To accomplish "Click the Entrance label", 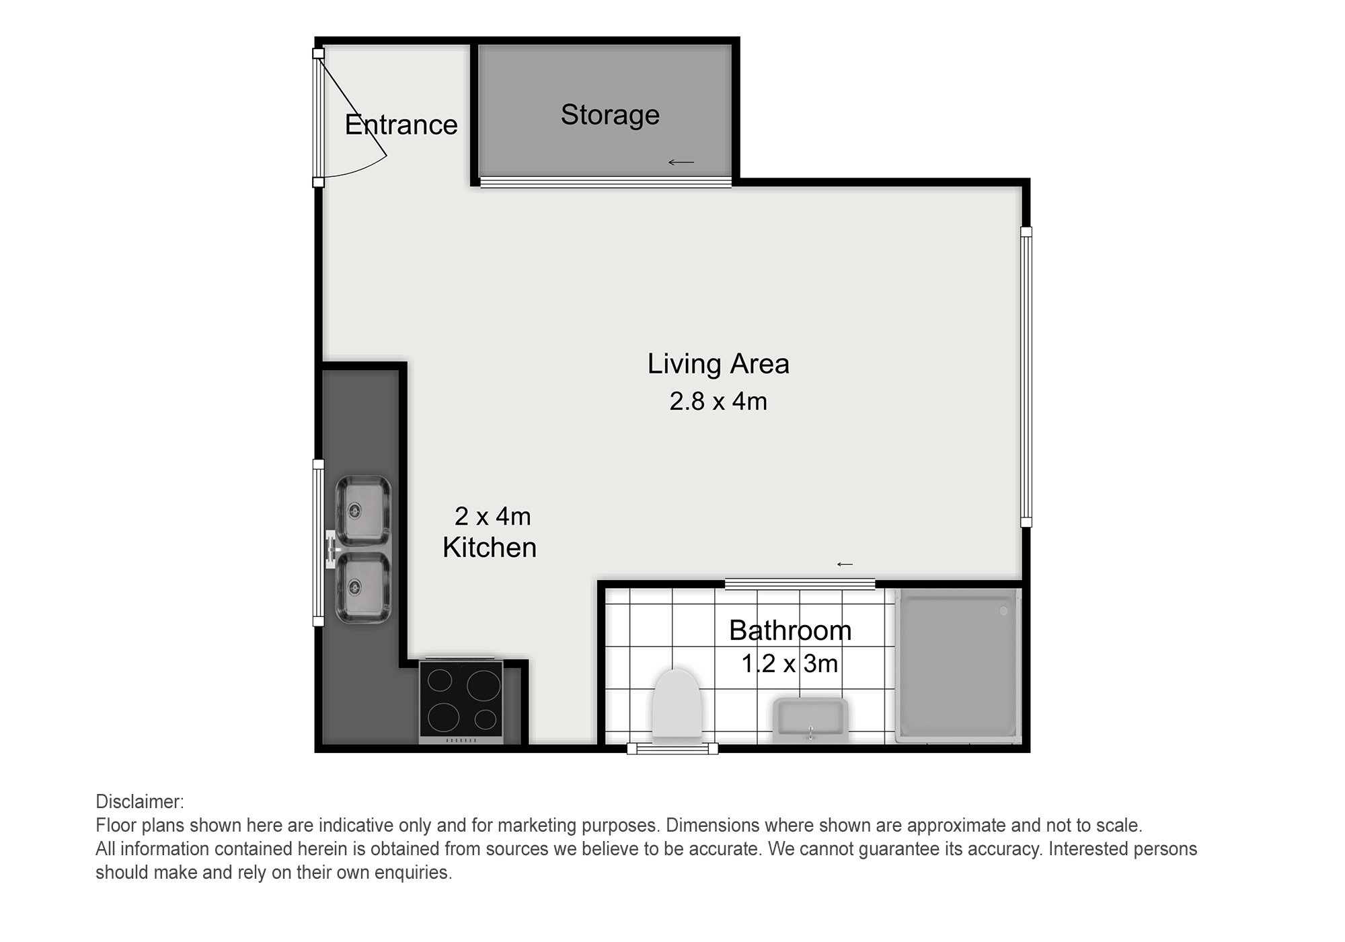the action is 401,125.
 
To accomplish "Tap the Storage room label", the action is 610,115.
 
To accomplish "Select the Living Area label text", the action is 718,364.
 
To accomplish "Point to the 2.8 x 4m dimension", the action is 718,402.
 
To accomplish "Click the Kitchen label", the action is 490,548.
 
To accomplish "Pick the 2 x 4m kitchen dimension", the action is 493,517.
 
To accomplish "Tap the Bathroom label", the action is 790,630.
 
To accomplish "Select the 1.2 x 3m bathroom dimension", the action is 790,664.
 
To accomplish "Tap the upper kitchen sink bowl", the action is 363,510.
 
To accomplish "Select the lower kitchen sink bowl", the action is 363,587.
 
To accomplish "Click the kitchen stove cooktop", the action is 461,700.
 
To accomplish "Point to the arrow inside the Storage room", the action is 681,162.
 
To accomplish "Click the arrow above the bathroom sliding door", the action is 845,564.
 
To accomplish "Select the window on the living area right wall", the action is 1026,377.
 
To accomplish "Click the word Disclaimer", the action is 139,802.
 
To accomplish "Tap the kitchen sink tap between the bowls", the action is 331,548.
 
